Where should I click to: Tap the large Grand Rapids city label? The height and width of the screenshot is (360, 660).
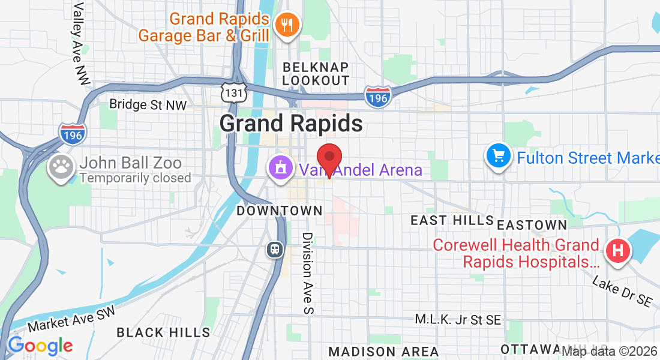click(x=291, y=124)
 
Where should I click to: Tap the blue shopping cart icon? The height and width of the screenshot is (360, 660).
click(x=498, y=157)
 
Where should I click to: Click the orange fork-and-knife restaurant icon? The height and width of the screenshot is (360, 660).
click(x=287, y=25)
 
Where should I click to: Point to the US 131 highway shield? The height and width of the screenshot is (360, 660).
click(x=232, y=92)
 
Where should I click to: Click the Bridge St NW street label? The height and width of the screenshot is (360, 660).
click(x=148, y=104)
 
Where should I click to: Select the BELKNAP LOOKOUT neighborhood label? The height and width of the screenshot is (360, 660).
click(x=316, y=73)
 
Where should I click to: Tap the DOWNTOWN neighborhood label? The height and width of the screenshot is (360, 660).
click(x=280, y=211)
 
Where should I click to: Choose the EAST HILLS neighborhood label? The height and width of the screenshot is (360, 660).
click(x=452, y=221)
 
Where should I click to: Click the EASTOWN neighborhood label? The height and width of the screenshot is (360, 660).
click(x=532, y=225)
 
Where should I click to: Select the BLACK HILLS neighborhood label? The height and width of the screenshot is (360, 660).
click(x=163, y=332)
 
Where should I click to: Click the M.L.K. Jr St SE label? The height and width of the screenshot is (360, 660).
click(x=459, y=320)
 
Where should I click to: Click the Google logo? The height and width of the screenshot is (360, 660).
click(x=40, y=346)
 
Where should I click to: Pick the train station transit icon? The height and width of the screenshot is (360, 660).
click(x=275, y=248)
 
